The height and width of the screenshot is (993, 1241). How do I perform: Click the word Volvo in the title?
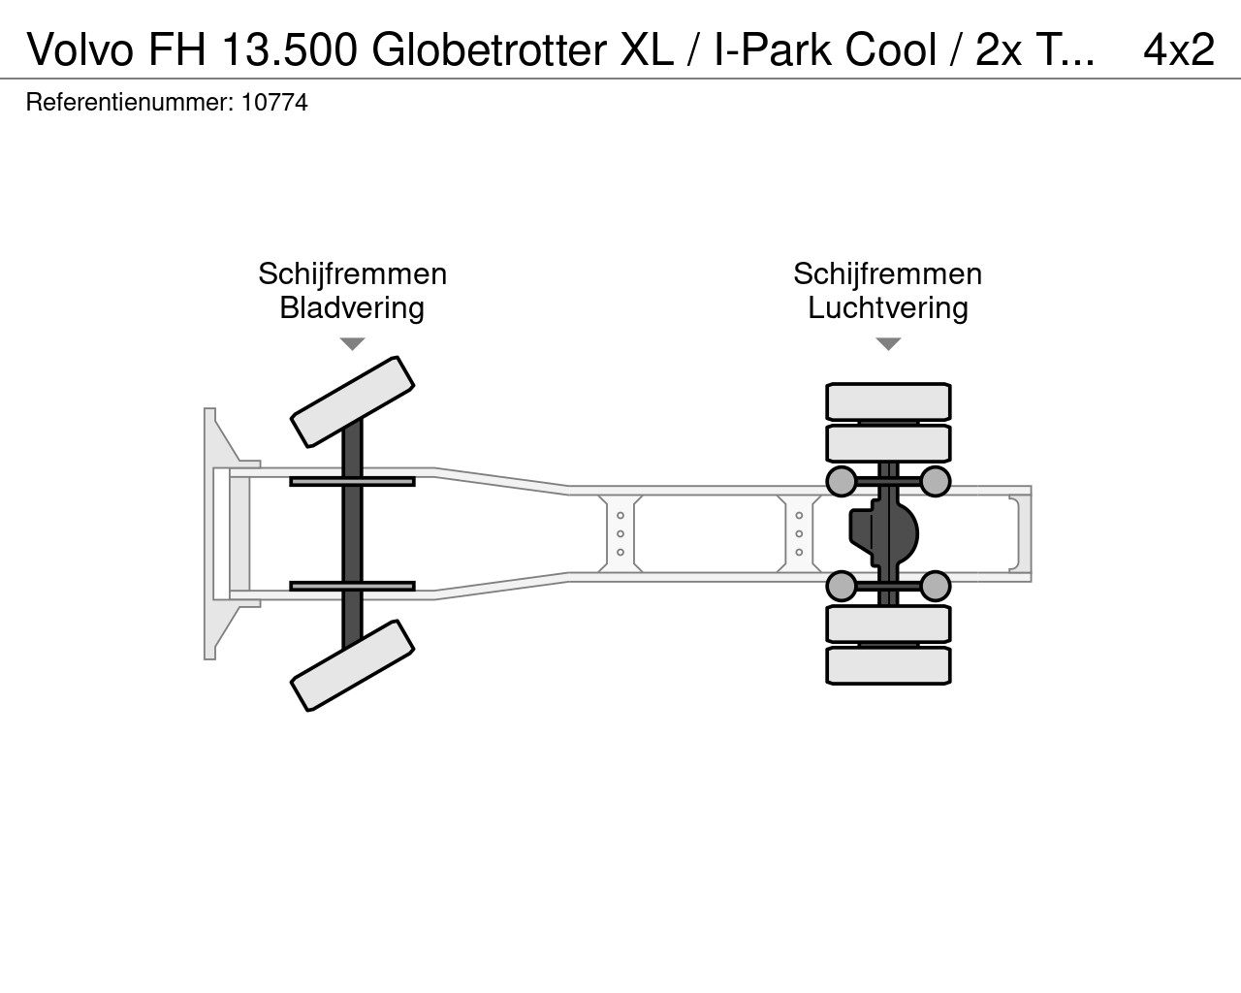pyautogui.click(x=80, y=49)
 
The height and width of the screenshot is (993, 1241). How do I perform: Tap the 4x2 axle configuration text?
pyautogui.click(x=1179, y=49)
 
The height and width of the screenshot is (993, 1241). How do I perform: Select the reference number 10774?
pyautogui.click(x=274, y=103)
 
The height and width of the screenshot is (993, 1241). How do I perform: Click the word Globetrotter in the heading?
pyautogui.click(x=489, y=49)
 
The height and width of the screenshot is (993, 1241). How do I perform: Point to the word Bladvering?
pyautogui.click(x=352, y=307)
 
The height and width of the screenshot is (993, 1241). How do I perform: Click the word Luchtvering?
pyautogui.click(x=887, y=307)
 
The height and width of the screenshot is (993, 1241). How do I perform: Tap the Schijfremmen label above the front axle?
pyautogui.click(x=352, y=273)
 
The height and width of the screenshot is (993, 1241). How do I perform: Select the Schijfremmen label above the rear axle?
pyautogui.click(x=887, y=273)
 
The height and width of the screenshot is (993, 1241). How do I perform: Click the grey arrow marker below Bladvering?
pyautogui.click(x=352, y=343)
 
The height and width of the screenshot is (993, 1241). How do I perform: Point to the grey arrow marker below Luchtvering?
pyautogui.click(x=889, y=343)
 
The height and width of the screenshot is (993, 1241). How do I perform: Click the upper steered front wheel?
pyautogui.click(x=352, y=401)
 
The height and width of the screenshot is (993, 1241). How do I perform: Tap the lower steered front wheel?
pyautogui.click(x=352, y=665)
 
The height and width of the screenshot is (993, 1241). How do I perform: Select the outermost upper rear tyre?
pyautogui.click(x=888, y=401)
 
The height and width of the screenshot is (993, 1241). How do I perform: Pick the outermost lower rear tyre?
pyautogui.click(x=888, y=666)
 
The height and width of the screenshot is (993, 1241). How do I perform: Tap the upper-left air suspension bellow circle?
pyautogui.click(x=842, y=481)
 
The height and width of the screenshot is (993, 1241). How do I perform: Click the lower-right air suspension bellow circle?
pyautogui.click(x=935, y=587)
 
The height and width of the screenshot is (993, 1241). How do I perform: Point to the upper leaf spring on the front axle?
pyautogui.click(x=352, y=481)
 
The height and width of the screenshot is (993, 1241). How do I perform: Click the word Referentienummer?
pyautogui.click(x=130, y=103)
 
